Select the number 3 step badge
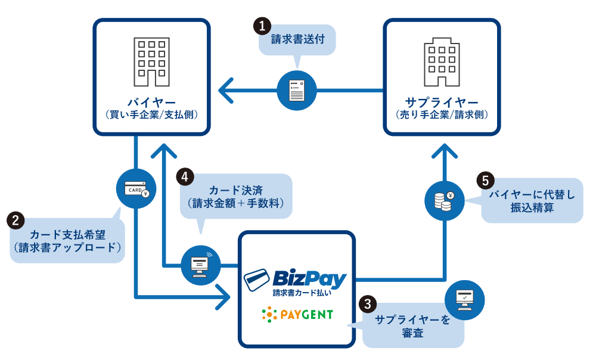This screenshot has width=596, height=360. [367, 303]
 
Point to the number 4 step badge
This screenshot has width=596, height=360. [185, 176]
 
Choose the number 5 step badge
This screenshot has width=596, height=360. [486, 180]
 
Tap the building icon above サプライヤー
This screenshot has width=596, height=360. [442, 63]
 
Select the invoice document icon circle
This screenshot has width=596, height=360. [297, 91]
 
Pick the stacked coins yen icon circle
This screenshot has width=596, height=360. [445, 200]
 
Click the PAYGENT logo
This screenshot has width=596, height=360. [297, 314]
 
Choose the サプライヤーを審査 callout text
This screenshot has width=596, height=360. [412, 327]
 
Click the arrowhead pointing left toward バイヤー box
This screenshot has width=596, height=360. [226, 91]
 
